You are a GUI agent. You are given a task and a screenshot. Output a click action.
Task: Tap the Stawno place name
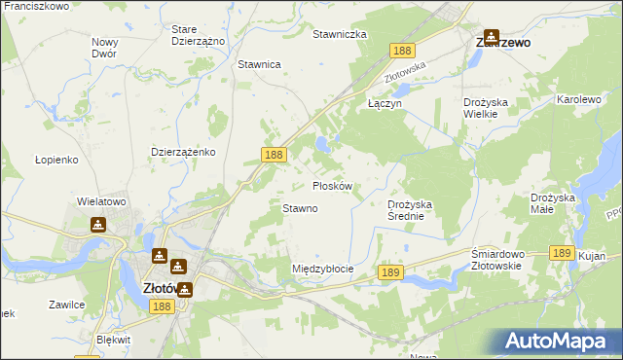point(300,208)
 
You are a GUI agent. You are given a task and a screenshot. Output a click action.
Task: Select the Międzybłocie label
point(322,268)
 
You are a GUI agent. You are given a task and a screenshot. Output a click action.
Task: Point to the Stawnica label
point(259,64)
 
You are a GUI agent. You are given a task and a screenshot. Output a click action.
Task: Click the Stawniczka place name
point(339,34)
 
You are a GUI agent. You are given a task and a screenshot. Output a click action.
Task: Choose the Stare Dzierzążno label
point(198,36)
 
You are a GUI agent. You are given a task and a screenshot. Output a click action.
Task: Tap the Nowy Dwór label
point(104,48)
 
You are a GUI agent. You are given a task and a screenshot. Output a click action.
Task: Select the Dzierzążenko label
point(183,153)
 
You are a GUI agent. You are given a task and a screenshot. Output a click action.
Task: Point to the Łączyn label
point(384,102)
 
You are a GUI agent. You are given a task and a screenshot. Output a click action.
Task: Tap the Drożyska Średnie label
point(417,210)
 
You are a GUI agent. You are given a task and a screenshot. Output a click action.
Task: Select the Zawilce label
point(66,305)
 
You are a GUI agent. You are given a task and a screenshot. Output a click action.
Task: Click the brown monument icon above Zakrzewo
point(491,36)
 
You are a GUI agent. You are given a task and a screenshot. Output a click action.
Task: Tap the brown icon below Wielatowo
point(98,225)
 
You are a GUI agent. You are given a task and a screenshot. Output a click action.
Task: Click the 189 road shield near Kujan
point(560,252)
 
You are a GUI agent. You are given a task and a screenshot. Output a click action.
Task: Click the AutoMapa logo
point(558,341)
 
